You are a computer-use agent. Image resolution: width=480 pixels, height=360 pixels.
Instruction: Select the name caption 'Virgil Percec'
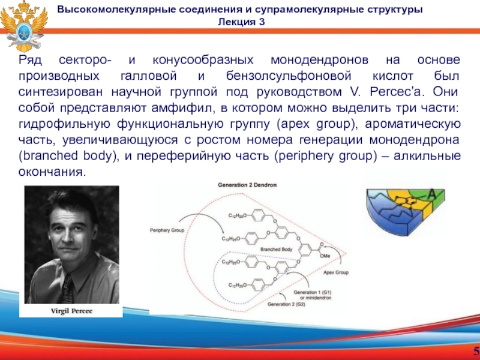71,311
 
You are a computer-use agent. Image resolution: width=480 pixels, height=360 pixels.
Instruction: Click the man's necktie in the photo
67,286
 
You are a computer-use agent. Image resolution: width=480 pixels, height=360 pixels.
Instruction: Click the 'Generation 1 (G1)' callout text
309,292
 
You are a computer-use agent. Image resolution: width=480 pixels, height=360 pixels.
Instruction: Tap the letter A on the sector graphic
431,193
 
